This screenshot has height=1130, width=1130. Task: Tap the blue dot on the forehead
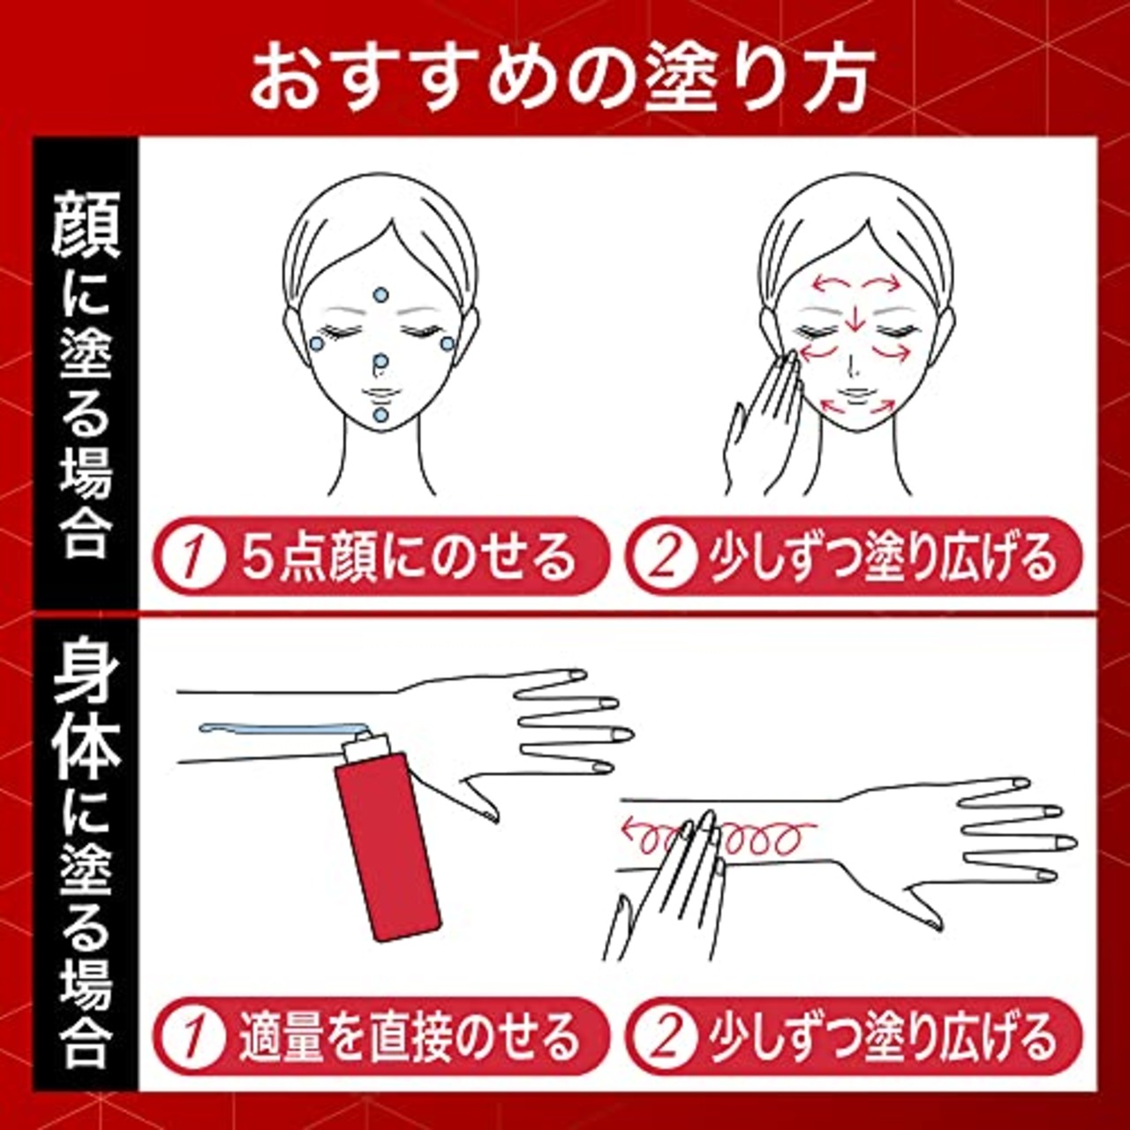(380, 295)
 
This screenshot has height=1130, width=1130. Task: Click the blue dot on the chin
(380, 414)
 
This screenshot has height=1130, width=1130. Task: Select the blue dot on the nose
(380, 362)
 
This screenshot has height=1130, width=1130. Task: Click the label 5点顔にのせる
(408, 558)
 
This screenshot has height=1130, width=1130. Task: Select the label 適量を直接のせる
(408, 1037)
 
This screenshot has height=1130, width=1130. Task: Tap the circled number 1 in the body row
(192, 1037)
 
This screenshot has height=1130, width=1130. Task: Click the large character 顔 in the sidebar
(86, 227)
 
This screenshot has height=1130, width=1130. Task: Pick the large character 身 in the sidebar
(86, 676)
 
